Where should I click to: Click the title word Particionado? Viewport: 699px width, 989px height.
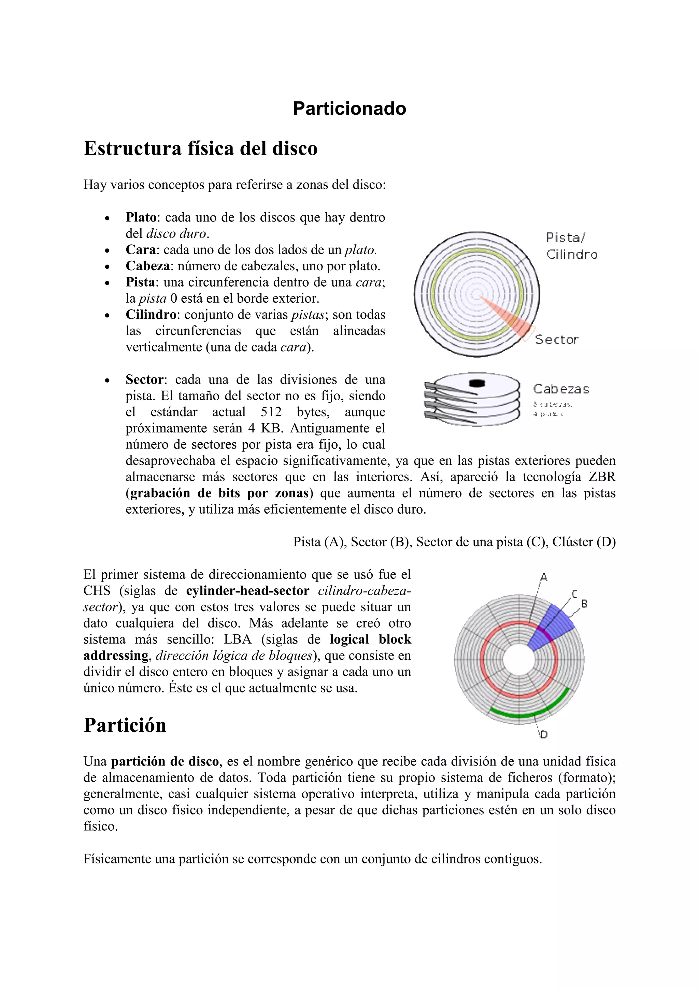pos(349,109)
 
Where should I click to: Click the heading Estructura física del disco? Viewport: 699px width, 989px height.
pos(200,148)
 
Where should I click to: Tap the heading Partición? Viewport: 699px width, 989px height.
pos(125,725)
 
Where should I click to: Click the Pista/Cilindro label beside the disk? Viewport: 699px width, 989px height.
pos(571,246)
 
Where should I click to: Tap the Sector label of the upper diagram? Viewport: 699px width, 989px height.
pos(556,340)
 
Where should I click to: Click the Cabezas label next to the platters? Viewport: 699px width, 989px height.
pos(561,389)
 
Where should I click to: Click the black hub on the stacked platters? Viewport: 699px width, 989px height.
pos(477,383)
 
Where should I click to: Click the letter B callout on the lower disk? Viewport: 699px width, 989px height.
pos(584,604)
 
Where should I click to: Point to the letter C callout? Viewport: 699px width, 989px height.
pos(574,594)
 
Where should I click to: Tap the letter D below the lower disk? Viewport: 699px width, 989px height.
pos(544,735)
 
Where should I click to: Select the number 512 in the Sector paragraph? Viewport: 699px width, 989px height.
pos(271,412)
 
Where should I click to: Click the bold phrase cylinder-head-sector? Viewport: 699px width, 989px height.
pos(248,590)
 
